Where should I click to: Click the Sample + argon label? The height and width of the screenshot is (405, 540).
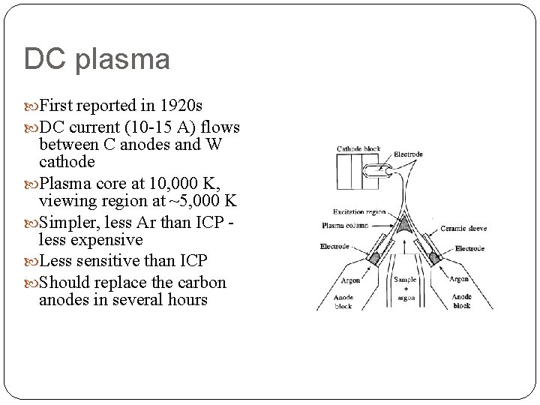(405, 288)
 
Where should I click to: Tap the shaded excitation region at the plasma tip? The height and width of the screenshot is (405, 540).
(406, 226)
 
